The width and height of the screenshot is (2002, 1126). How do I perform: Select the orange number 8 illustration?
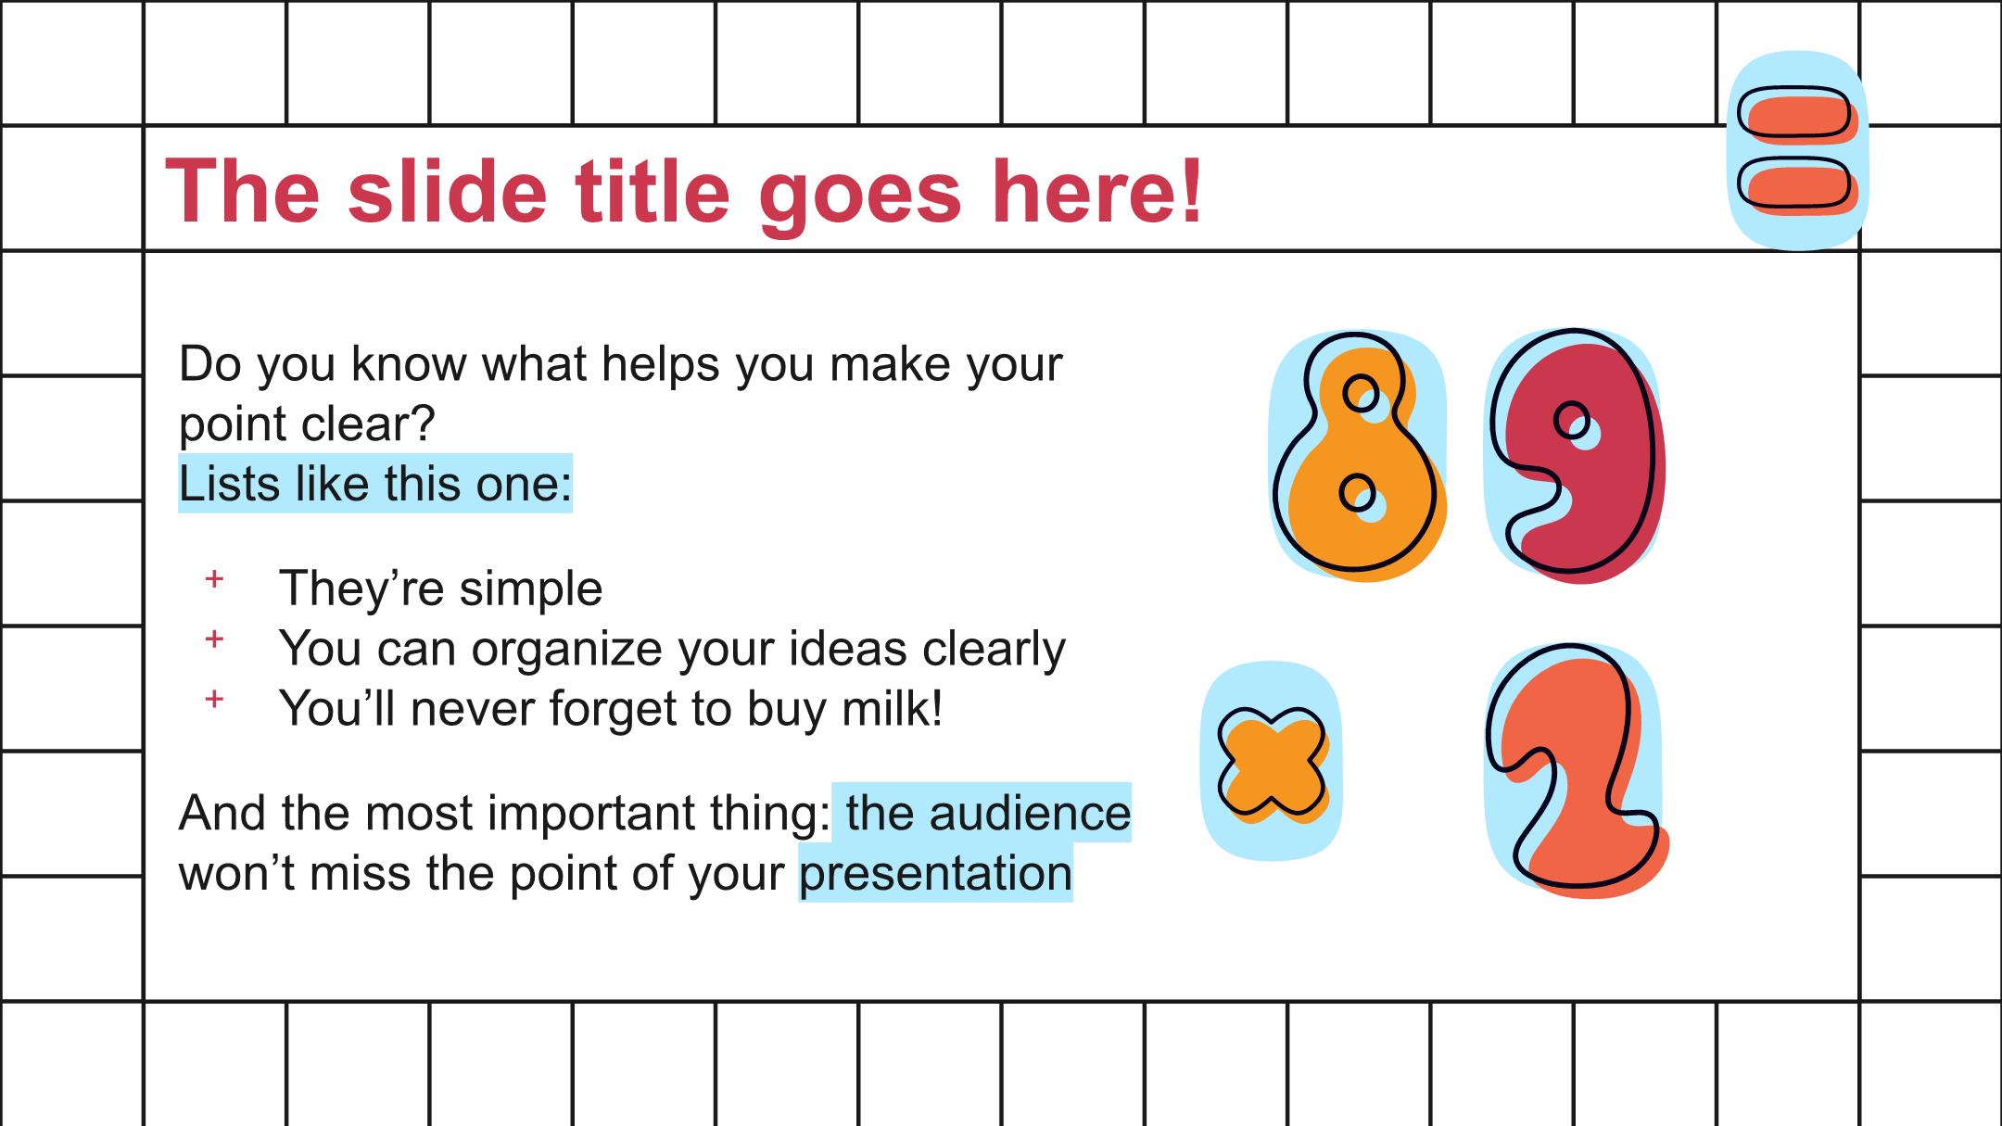coord(1359,456)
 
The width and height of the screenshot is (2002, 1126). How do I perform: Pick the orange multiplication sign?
coord(1272,765)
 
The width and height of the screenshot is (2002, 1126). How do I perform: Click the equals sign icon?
coord(1797,150)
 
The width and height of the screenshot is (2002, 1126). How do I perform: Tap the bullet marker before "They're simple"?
coord(214,579)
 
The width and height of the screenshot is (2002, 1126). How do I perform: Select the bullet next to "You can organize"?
coord(214,639)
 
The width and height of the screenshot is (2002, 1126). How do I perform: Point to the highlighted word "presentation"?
coord(936,873)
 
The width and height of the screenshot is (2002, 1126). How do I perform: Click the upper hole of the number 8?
coord(1362,391)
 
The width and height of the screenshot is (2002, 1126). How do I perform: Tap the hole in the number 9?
coord(1572,421)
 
